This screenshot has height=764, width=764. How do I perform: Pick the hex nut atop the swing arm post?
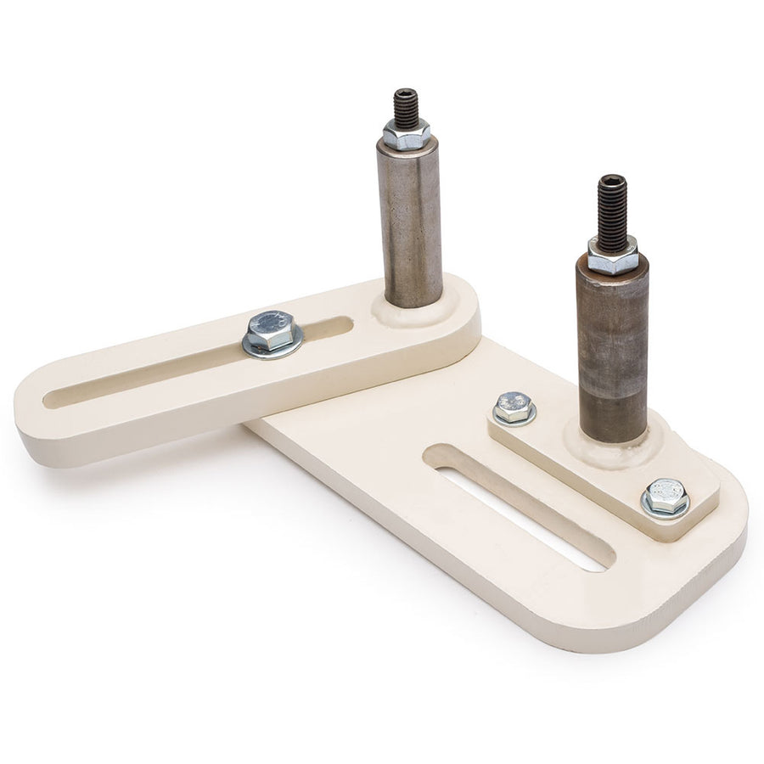tap(406, 133)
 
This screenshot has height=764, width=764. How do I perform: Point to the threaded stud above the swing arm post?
tap(406, 106)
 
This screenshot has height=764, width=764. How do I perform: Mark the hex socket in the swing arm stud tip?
tap(406, 93)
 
